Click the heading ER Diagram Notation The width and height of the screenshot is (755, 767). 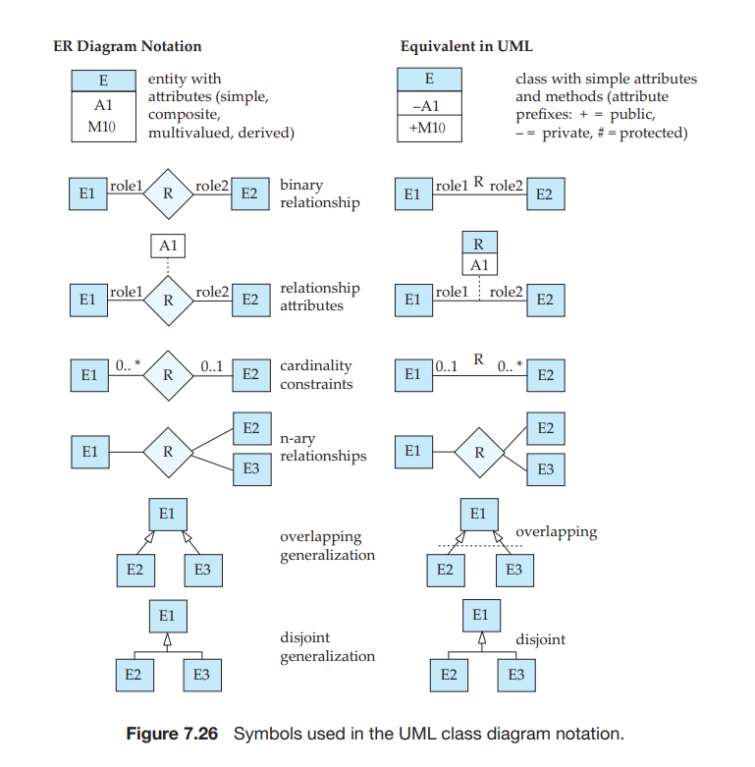127,46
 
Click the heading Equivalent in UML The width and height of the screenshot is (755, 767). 466,46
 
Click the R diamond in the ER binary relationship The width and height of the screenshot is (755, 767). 168,194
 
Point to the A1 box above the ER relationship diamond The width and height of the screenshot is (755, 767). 168,246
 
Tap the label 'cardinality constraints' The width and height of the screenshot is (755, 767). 316,374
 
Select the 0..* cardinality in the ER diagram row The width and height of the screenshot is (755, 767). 128,365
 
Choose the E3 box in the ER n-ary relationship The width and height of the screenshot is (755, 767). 250,469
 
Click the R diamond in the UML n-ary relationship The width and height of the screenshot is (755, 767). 480,453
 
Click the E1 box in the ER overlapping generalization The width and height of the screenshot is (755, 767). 167,514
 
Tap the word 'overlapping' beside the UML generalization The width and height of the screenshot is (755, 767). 556,531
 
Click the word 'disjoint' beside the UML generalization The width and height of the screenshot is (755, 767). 540,639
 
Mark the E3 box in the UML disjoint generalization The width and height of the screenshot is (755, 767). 515,675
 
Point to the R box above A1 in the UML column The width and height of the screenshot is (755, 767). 479,244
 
